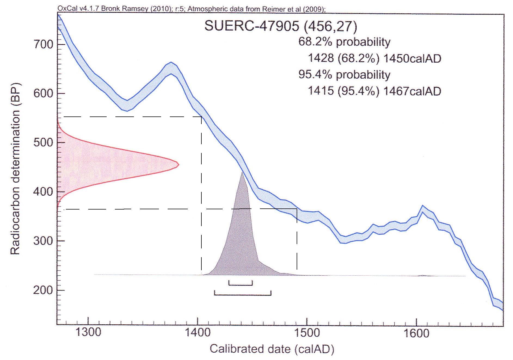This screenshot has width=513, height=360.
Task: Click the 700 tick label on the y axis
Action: [x=43, y=44]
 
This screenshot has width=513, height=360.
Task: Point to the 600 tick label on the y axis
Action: [x=43, y=94]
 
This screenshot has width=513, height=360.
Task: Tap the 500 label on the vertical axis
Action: [x=43, y=143]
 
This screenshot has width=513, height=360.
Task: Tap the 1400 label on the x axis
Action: [x=197, y=333]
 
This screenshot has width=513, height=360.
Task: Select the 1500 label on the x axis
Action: [x=307, y=333]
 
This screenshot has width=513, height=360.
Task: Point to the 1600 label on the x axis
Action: [x=416, y=333]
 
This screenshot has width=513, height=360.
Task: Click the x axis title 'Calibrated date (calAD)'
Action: [x=272, y=349]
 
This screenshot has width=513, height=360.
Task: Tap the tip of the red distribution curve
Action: [x=178, y=164]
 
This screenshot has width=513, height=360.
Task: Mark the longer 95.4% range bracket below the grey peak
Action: [x=242, y=294]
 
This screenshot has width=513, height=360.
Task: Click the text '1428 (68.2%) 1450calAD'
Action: [x=374, y=59]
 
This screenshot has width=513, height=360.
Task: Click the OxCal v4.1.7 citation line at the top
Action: [x=192, y=9]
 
